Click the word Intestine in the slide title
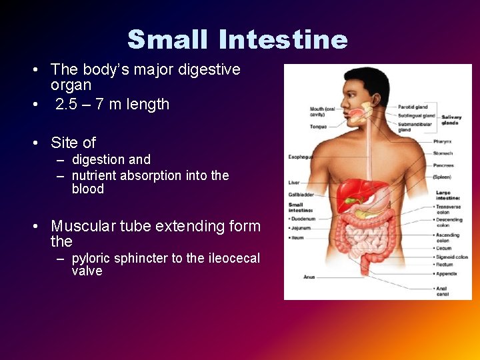tap(283, 40)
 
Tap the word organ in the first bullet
tap(71, 85)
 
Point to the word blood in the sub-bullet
tap(87, 189)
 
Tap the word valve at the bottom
tap(87, 271)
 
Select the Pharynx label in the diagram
tap(442, 141)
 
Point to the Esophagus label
tap(300, 157)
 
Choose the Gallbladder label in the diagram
tap(301, 195)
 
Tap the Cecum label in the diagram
tap(443, 248)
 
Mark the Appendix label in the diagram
tap(446, 273)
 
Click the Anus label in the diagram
tap(309, 277)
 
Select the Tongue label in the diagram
tap(299, 125)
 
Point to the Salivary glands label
tap(451, 120)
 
